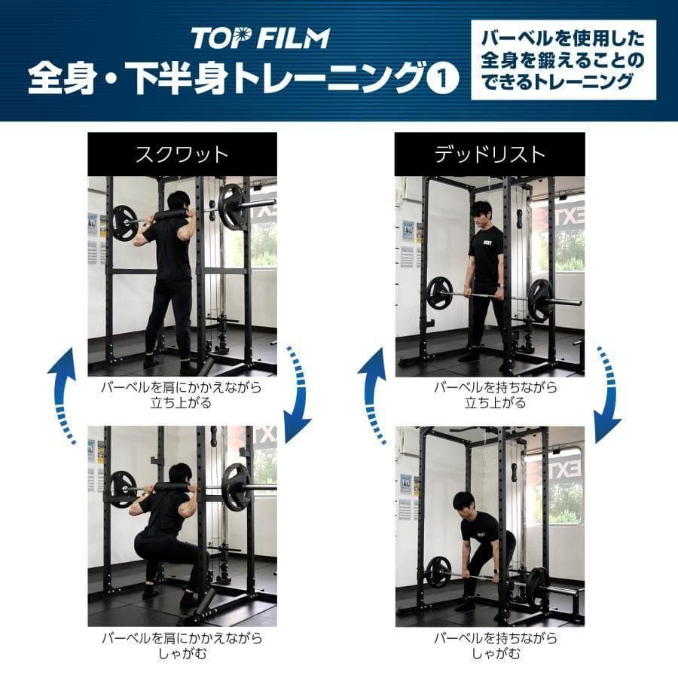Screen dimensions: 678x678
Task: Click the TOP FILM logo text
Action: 260,38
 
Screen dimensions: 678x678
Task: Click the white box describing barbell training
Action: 563,60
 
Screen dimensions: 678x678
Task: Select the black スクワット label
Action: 182,154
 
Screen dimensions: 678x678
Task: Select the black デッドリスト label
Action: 489,154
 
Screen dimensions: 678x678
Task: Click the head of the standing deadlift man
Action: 481,211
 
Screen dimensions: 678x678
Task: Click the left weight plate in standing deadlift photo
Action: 439,293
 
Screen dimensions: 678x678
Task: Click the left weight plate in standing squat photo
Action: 124,223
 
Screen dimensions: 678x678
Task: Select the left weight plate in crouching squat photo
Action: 124,489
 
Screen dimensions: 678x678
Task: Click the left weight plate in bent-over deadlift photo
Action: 438,572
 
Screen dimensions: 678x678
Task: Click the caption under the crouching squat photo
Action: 182,646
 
